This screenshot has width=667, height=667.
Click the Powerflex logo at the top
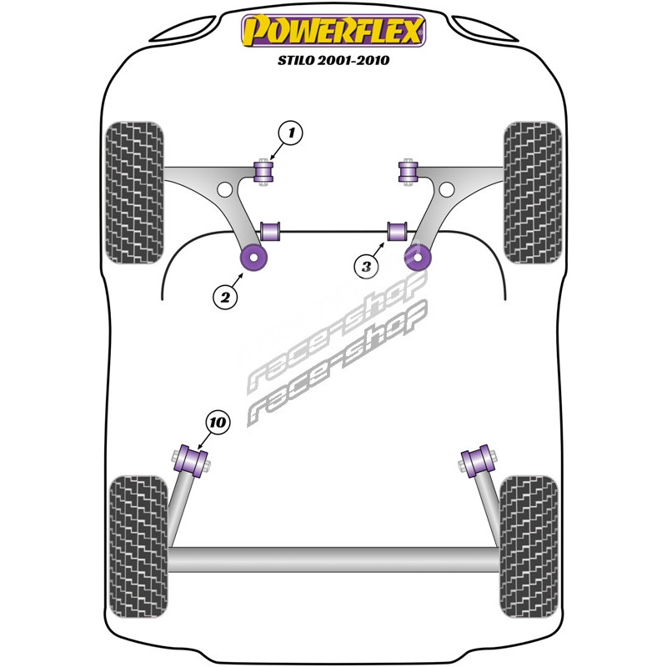pos(333,32)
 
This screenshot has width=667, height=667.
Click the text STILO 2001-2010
pos(333,60)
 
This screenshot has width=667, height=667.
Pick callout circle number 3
pos(365,267)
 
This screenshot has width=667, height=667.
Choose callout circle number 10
pos(218,424)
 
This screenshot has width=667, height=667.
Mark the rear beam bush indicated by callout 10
pos(193,461)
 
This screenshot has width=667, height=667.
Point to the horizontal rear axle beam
pos(333,558)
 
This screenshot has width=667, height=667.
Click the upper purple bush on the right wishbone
pos(408,172)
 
